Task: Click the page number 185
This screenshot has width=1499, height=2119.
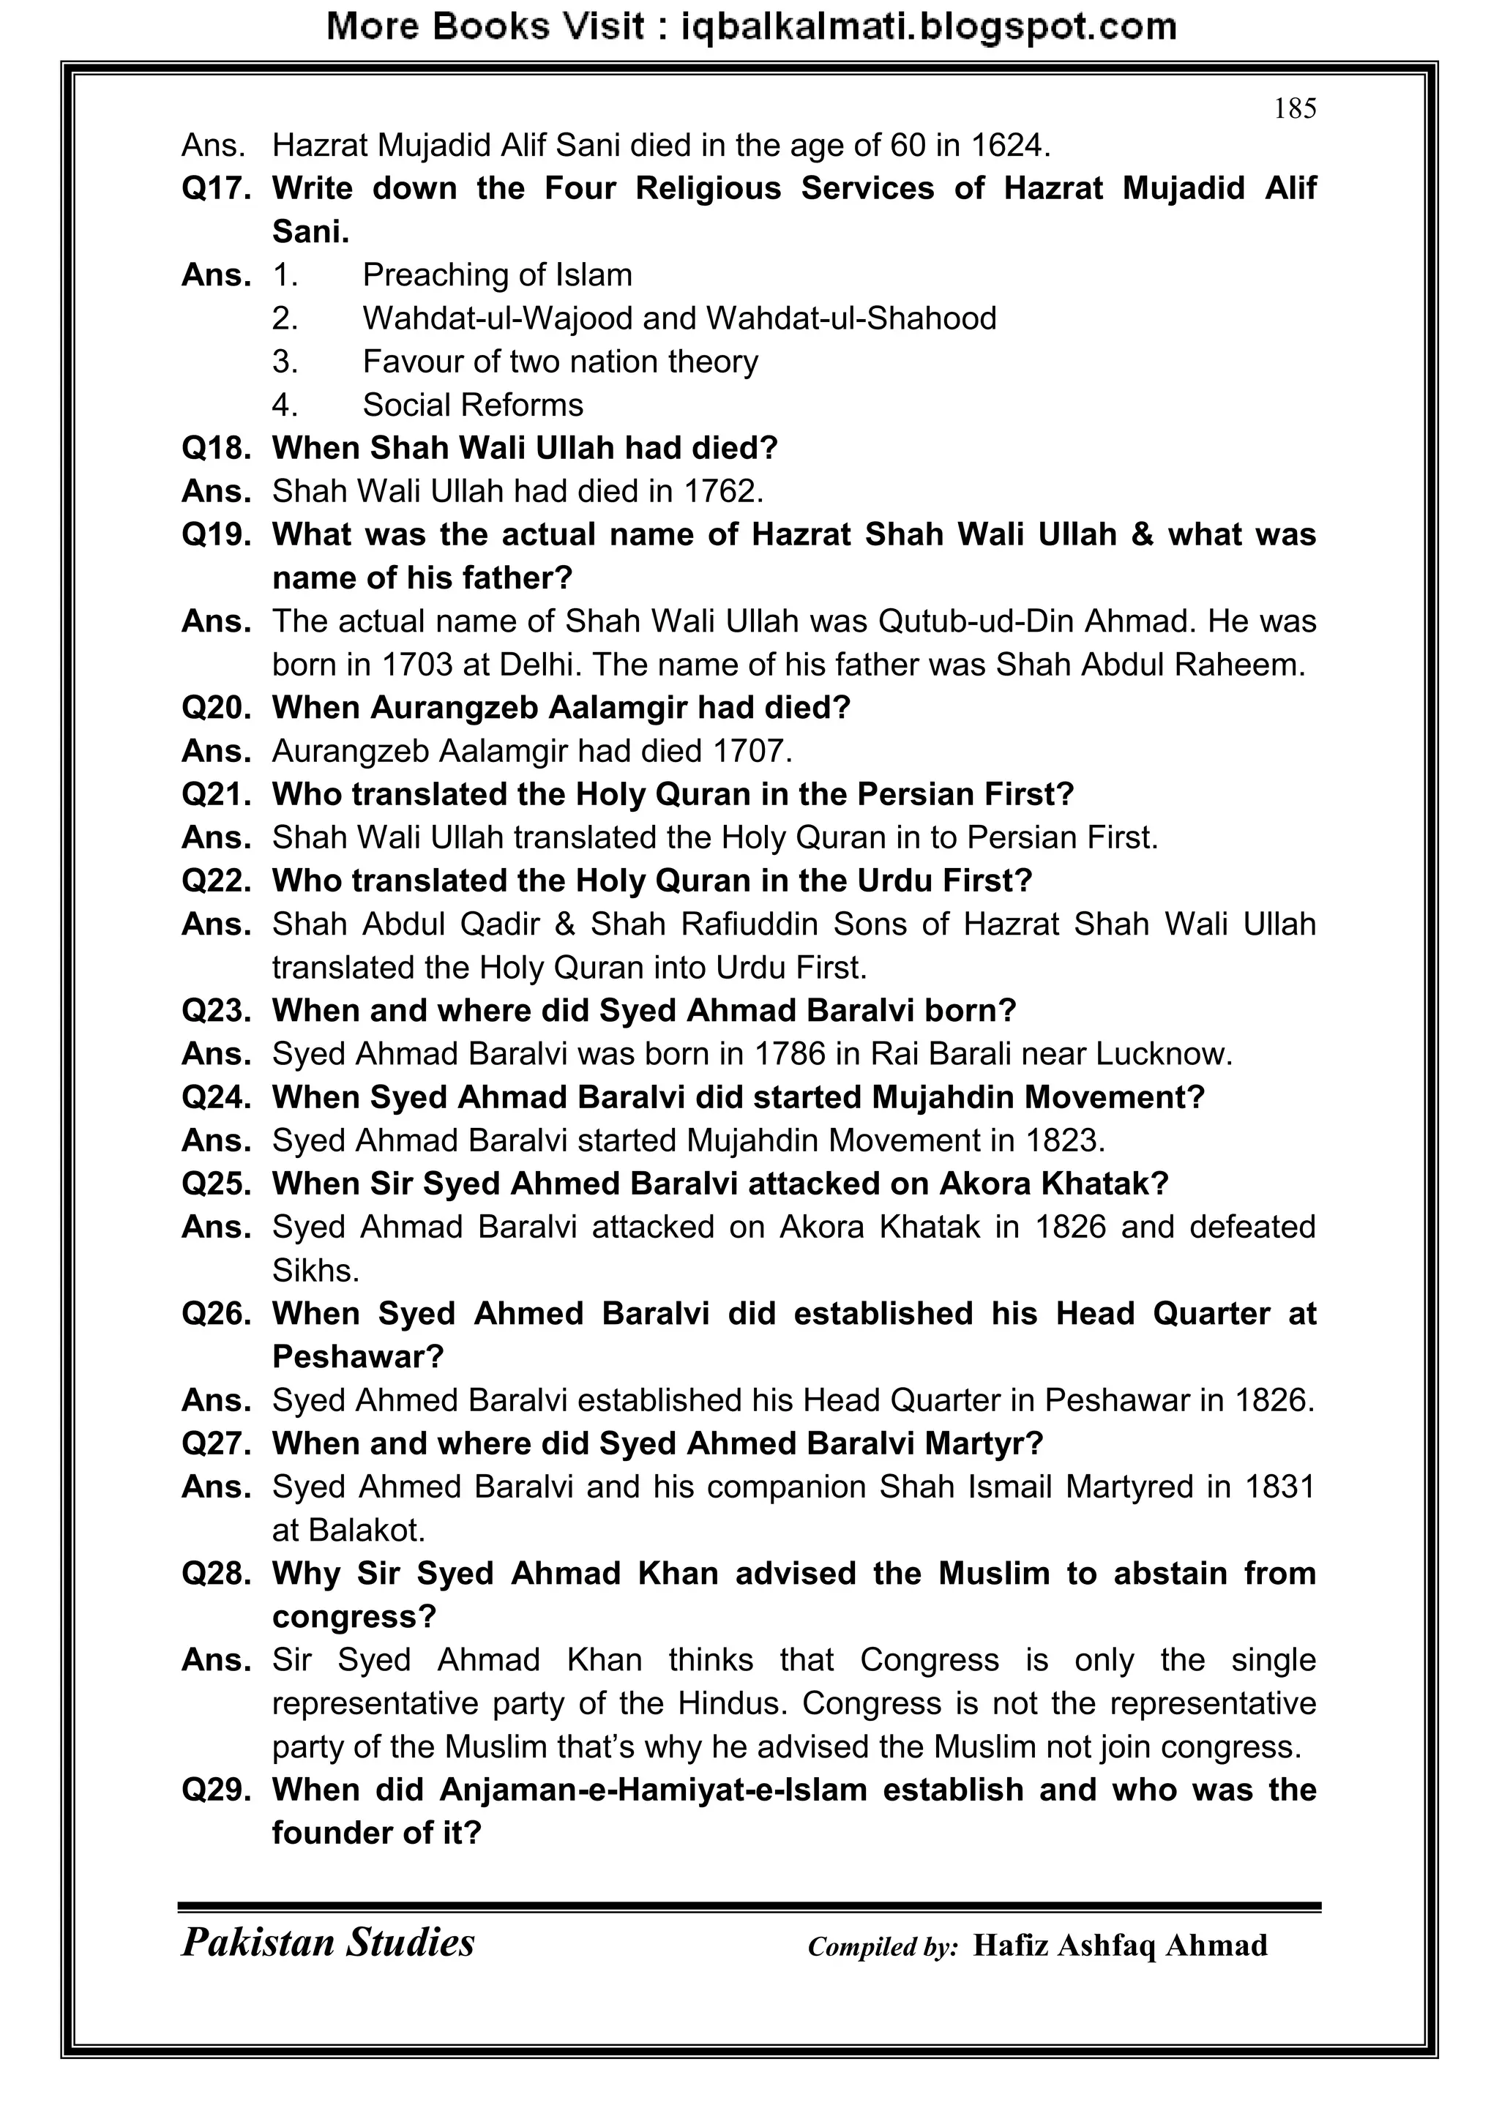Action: (1294, 109)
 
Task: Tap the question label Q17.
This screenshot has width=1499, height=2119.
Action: (216, 188)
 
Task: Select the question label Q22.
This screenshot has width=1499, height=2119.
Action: (216, 881)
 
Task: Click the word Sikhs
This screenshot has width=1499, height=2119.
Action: (315, 1271)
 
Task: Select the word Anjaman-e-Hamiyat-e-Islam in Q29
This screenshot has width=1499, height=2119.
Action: (653, 1790)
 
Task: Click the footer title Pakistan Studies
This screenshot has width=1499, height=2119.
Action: (328, 1942)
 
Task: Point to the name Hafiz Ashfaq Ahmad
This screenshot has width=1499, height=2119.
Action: (1120, 1945)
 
